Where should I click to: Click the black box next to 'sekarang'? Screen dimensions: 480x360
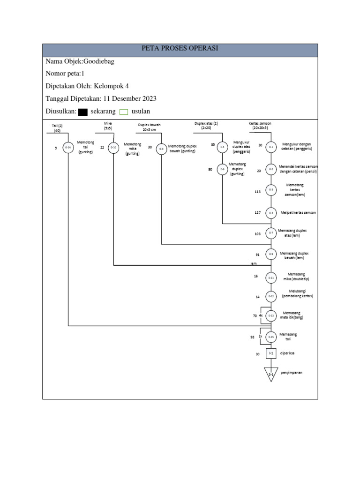(83, 112)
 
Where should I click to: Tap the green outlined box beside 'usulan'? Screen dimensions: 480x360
(124, 112)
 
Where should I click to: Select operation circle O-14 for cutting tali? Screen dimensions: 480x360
(68, 148)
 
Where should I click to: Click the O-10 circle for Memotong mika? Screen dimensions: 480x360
(113, 148)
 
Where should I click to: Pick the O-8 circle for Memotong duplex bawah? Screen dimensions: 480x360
(161, 148)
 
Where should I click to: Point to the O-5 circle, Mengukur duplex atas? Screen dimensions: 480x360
(222, 147)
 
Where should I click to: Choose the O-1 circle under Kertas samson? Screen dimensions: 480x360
(271, 147)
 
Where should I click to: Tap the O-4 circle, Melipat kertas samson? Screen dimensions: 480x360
(271, 213)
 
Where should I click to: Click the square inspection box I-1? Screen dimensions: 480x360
(271, 353)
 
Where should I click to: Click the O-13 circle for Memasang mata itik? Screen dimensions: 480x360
(271, 316)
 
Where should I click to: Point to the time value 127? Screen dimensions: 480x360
(257, 213)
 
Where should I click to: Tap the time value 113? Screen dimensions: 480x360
(257, 191)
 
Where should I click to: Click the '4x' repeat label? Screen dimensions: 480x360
(261, 315)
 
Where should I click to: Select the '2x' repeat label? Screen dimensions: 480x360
(260, 336)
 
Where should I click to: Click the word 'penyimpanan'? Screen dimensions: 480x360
(291, 372)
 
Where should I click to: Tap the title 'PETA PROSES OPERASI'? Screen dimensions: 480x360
(180, 48)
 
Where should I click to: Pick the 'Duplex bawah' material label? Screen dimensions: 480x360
(149, 125)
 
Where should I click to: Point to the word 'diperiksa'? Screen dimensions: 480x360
(288, 353)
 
